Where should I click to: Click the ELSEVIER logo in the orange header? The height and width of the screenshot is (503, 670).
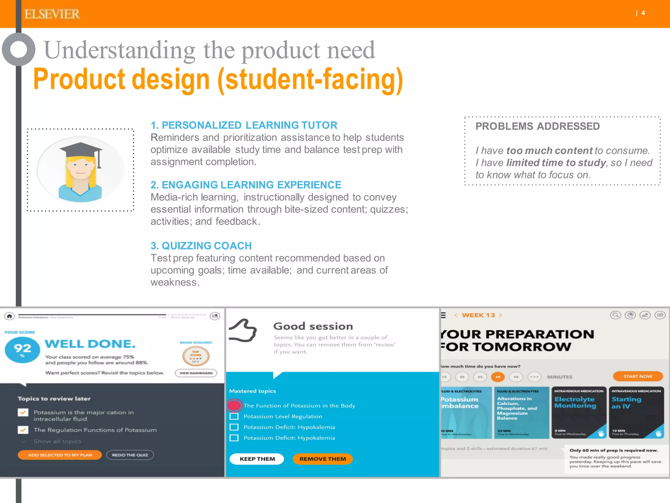pos(52,14)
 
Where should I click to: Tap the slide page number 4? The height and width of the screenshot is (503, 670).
pos(643,13)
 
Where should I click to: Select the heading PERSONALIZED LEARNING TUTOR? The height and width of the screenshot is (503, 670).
pos(244,125)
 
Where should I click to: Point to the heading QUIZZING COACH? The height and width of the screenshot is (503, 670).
pos(201,246)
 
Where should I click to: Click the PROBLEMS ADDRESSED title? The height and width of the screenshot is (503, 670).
pos(537,126)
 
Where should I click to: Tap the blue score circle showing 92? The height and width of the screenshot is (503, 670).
pos(22,350)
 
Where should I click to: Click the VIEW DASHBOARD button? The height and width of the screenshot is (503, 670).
pos(196,373)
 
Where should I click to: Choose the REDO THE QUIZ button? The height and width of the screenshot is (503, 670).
pos(130,455)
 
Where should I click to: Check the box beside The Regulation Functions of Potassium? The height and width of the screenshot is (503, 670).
pos(23,430)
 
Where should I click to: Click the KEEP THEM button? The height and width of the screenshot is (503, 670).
pos(257,459)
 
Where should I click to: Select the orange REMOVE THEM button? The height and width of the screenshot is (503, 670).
pos(323,459)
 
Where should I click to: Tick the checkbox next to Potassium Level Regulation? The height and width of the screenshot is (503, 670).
pos(234,416)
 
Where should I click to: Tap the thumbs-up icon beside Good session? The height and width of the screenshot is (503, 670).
pos(243,331)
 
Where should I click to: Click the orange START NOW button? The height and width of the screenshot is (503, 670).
pos(638,376)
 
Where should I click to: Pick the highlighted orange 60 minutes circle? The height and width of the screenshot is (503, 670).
pos(498,377)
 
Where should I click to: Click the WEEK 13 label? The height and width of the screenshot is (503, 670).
pos(478,315)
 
